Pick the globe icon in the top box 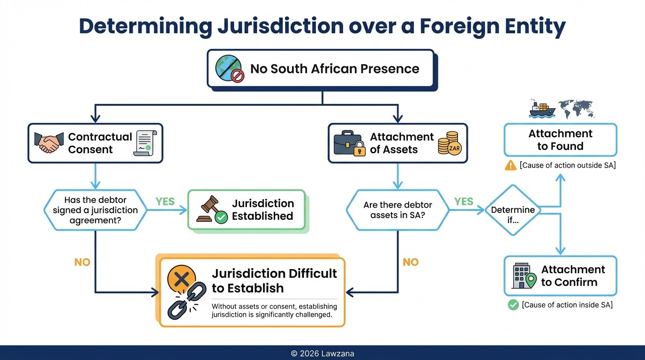[x=229, y=69]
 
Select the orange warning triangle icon [x=510, y=165]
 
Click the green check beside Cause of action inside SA [x=513, y=305]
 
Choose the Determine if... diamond [x=512, y=210]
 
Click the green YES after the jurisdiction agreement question [x=165, y=202]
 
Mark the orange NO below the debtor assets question [x=411, y=262]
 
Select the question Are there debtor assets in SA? [x=397, y=210]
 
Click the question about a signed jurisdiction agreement [x=95, y=210]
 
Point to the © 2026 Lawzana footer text [x=322, y=353]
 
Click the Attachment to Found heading [x=560, y=140]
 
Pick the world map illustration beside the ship [x=576, y=108]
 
